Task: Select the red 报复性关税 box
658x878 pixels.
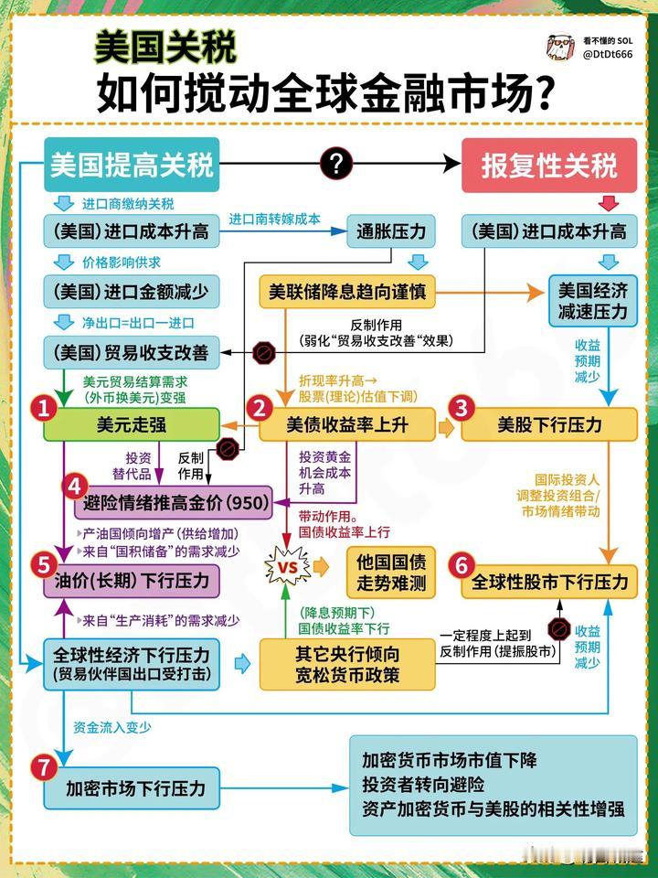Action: (549, 165)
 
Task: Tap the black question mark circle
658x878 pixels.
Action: (336, 165)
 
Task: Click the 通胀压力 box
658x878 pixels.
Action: (391, 231)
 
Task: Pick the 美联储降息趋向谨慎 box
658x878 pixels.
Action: (346, 294)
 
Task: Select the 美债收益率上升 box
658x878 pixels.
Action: (346, 425)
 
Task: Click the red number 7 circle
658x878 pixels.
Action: (44, 768)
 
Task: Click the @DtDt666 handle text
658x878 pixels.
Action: (607, 55)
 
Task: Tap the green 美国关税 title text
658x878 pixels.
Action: (164, 46)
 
